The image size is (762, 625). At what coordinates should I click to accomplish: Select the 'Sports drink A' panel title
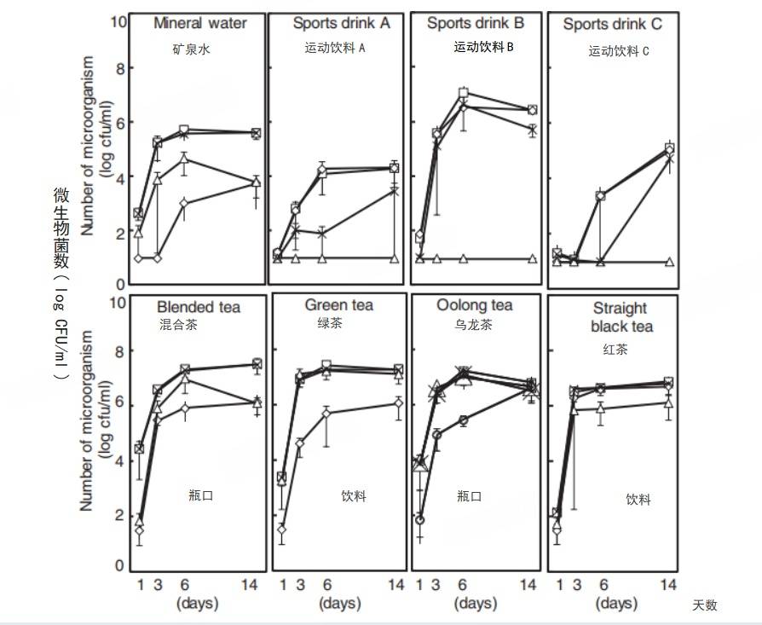point(341,24)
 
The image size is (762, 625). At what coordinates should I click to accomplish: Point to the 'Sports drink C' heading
point(612,26)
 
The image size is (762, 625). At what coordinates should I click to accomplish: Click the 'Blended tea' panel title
point(199,308)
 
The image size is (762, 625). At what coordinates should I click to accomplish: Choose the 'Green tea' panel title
point(339,305)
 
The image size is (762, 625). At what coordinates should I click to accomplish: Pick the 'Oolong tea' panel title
point(475,305)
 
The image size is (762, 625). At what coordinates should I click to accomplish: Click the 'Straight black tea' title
point(619,317)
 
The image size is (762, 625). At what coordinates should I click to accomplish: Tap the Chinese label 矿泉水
point(191,49)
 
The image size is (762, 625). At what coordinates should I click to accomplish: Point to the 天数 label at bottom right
point(704,605)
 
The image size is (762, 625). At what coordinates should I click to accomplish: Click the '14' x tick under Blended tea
point(256,585)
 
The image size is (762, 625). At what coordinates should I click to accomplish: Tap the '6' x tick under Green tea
point(326,585)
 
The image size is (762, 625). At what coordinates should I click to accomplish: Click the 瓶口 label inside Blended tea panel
point(200,495)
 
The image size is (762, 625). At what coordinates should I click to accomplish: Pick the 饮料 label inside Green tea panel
point(353,495)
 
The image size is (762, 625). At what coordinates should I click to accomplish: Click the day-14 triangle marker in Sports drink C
point(668,262)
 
